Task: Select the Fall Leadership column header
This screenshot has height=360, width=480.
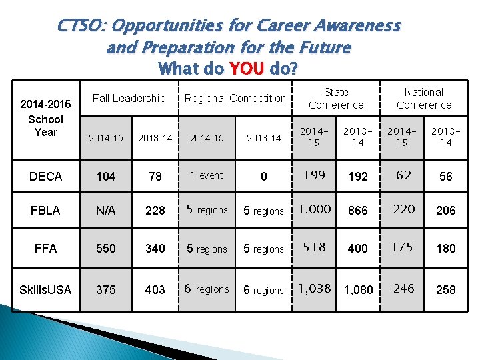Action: tap(129, 98)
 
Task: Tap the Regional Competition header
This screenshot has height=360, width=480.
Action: tap(235, 98)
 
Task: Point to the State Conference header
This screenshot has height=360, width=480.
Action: tap(336, 99)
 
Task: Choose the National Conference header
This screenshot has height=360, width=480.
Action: tap(423, 99)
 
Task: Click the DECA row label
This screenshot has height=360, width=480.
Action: tap(46, 177)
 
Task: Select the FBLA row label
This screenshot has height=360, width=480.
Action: tap(45, 211)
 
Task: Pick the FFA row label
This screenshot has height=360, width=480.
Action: tap(45, 249)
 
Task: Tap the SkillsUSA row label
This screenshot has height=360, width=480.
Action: tap(45, 289)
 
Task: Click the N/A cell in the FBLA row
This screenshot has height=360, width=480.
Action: tap(106, 211)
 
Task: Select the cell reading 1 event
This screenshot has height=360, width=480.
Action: tap(207, 176)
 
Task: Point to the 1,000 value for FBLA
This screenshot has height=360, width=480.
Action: tap(314, 209)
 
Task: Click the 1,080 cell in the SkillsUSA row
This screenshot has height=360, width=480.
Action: tap(358, 290)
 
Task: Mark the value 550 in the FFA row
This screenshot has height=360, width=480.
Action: tap(106, 249)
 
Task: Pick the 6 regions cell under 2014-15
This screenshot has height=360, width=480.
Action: tap(207, 289)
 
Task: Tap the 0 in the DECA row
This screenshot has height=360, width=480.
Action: tap(263, 177)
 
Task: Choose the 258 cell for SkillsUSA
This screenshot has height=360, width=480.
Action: tap(445, 290)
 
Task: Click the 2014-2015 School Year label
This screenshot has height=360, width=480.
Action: tap(45, 119)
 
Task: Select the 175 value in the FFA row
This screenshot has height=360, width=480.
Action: tap(402, 247)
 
